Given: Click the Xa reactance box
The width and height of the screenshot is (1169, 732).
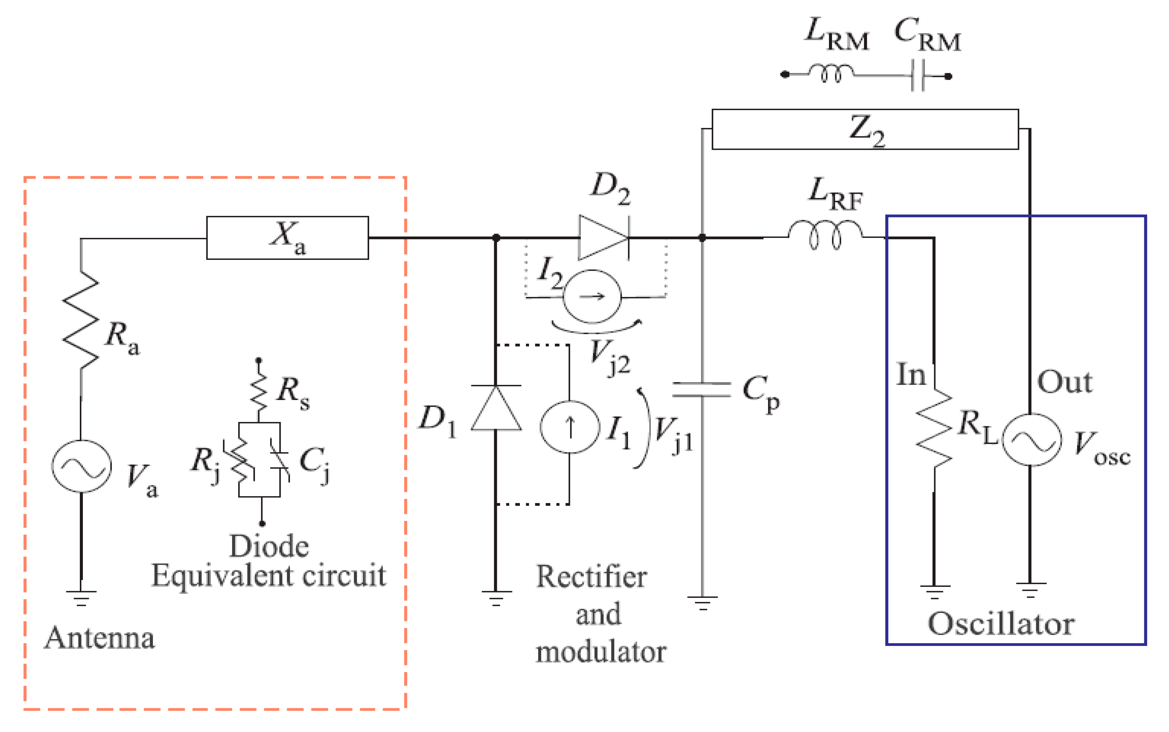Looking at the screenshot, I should pos(287,238).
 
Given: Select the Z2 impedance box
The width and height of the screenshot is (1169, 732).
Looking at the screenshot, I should pos(865,129).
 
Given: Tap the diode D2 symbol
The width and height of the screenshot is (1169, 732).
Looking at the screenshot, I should pos(603,238).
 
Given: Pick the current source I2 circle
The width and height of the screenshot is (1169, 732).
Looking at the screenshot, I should pos(592,296).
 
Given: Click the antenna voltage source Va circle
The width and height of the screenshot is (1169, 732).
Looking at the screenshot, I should pos(81,466).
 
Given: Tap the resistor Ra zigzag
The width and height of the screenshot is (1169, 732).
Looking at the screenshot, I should pos(81,320).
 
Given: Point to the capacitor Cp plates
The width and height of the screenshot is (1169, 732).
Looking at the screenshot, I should pos(702,389).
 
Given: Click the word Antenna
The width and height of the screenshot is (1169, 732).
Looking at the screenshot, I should pos(100,638).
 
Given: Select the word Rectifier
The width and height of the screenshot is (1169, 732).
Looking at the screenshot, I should pos(592,577).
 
